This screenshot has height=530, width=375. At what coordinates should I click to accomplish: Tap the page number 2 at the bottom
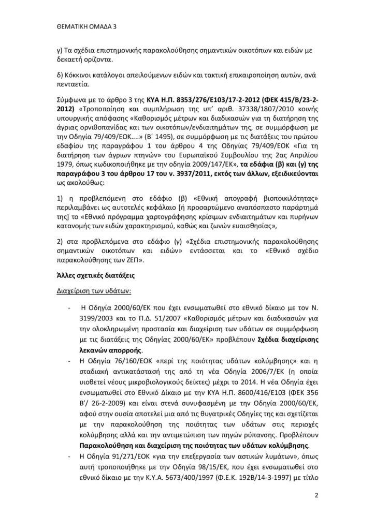click(x=315, y=495)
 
